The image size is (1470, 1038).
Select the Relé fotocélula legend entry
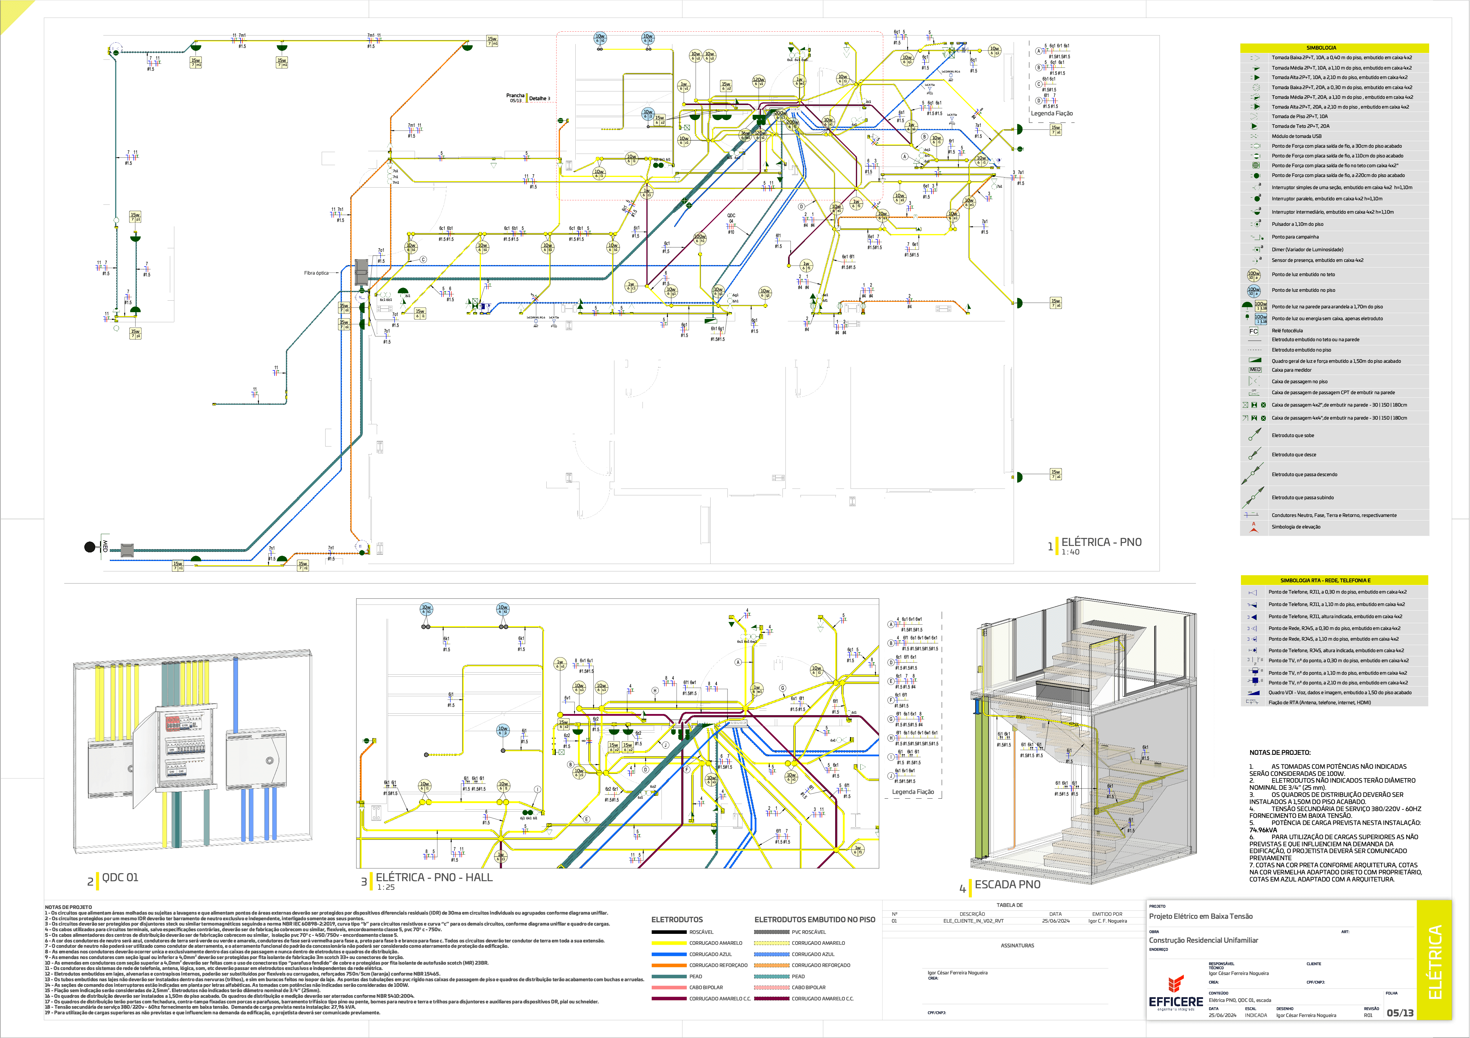tap(1287, 331)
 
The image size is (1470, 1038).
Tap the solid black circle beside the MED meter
tap(90, 547)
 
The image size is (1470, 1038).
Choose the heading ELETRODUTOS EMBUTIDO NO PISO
tap(814, 920)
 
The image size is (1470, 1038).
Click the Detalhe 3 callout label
tap(539, 99)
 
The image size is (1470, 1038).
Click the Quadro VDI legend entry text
tap(1339, 692)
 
